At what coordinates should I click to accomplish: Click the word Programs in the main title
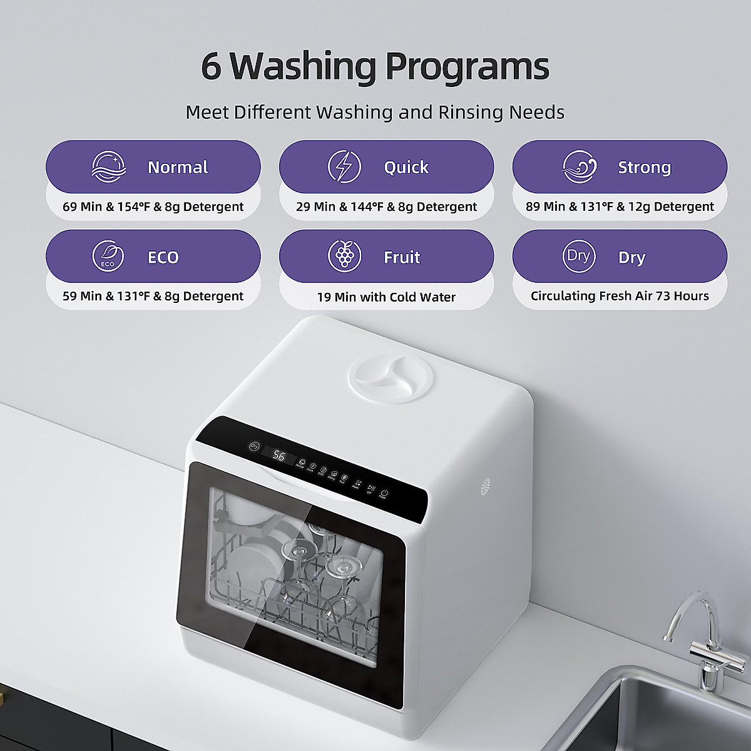467,66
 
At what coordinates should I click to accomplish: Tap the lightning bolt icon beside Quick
344,167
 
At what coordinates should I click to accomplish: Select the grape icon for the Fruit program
344,257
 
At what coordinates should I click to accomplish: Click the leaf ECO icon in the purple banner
108,257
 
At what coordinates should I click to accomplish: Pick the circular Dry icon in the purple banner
578,257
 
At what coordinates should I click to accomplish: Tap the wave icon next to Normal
108,167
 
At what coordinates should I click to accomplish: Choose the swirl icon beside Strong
579,167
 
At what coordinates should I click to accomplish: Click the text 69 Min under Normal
84,207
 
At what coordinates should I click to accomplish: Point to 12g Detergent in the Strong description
680,207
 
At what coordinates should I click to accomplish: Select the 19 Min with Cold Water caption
386,297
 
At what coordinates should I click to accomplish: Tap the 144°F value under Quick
369,207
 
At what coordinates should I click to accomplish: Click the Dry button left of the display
254,446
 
